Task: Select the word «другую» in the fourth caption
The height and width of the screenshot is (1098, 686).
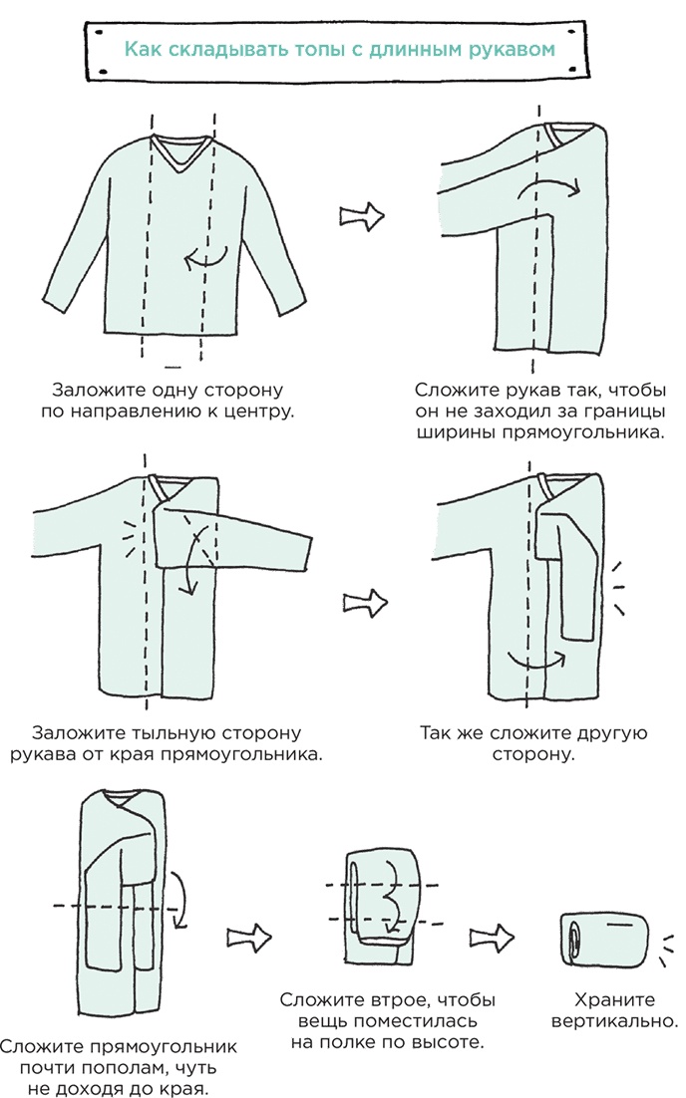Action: [x=612, y=733]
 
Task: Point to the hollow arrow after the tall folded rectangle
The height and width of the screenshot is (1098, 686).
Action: [x=248, y=937]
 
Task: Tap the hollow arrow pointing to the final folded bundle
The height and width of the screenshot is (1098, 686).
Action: [x=492, y=937]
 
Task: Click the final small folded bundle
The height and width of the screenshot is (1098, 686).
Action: [x=604, y=938]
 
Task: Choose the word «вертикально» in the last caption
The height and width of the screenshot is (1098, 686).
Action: [x=614, y=1021]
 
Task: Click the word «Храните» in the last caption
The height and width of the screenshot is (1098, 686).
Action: [x=614, y=1000]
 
